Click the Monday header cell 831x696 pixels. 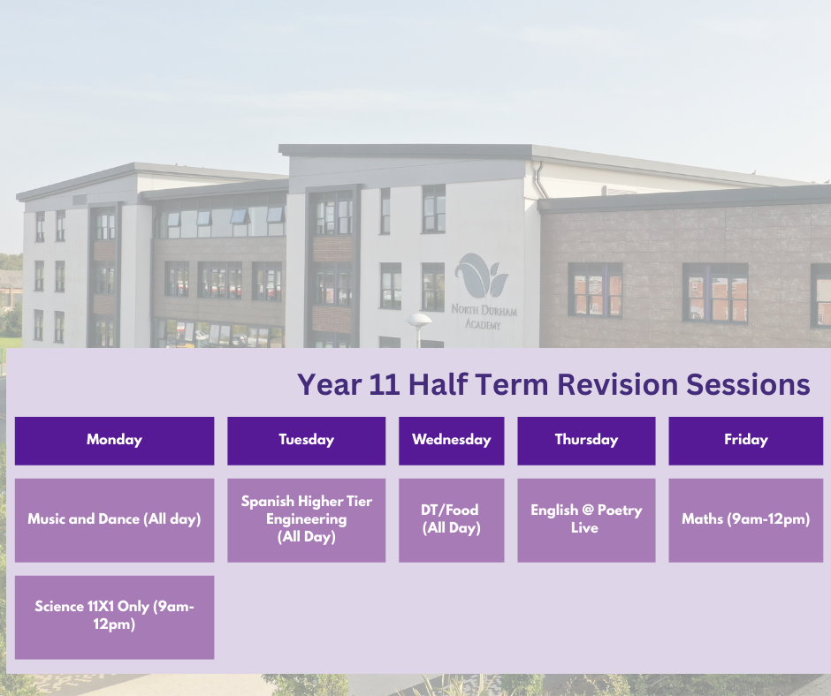tap(114, 441)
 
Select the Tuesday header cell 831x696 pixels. tap(307, 441)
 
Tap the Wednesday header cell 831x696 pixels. tap(452, 441)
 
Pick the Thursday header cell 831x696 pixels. tap(586, 441)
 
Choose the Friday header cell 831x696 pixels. tap(745, 441)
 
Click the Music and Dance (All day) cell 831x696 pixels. tap(114, 520)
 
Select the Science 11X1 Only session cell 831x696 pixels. tap(114, 617)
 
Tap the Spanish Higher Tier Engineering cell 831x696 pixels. tap(307, 520)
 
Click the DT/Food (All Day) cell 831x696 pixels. tap(452, 520)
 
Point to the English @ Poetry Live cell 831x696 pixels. tap(586, 520)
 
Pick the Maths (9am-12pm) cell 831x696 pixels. tap(745, 520)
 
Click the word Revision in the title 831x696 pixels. tap(617, 384)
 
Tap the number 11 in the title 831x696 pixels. tap(385, 384)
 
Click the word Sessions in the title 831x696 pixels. tap(748, 384)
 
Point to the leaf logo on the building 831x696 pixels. tap(481, 276)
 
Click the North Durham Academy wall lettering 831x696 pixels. tap(484, 316)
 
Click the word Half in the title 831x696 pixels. tap(438, 384)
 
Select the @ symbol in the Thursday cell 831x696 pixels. tap(588, 511)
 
